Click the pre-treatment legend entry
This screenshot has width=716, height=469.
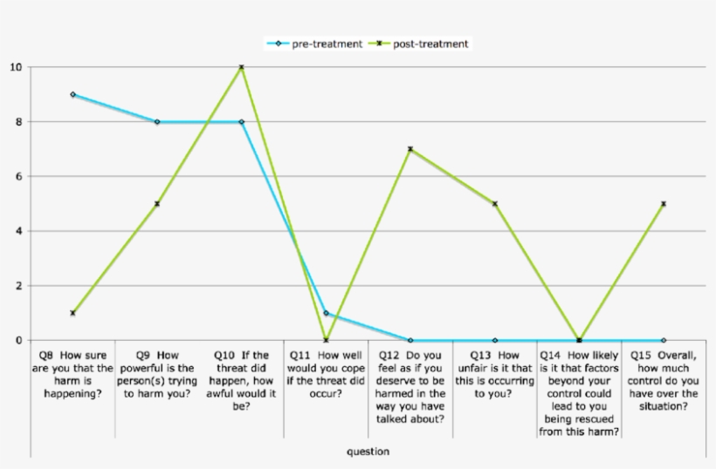pyautogui.click(x=318, y=44)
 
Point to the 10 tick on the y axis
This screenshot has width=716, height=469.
pyautogui.click(x=17, y=67)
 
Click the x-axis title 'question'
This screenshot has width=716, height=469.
pyautogui.click(x=368, y=452)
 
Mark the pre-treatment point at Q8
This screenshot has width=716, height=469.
pyautogui.click(x=72, y=94)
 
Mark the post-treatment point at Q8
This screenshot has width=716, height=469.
pyautogui.click(x=72, y=313)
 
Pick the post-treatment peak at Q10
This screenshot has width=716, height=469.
pyautogui.click(x=242, y=67)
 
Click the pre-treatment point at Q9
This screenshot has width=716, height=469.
pyautogui.click(x=157, y=122)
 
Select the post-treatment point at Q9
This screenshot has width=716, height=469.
pyautogui.click(x=157, y=204)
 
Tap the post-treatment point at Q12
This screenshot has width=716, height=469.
pyautogui.click(x=410, y=149)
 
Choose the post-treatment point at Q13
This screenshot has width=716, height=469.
pyautogui.click(x=495, y=204)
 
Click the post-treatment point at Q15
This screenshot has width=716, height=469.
pyautogui.click(x=664, y=204)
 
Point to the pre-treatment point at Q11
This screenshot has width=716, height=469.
pyautogui.click(x=326, y=313)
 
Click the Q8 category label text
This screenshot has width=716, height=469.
pyautogui.click(x=73, y=375)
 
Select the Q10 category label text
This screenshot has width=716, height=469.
pyautogui.click(x=242, y=381)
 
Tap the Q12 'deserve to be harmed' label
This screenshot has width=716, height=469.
pyautogui.click(x=410, y=387)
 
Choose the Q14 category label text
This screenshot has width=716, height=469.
pyautogui.click(x=579, y=393)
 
